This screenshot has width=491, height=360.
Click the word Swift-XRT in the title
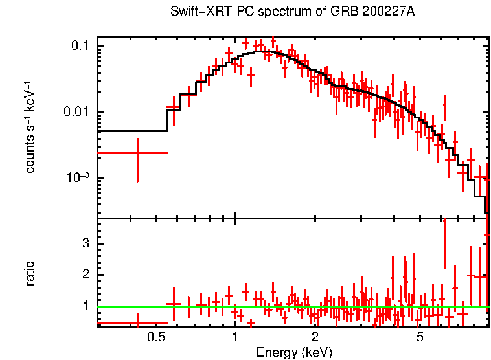click(195, 12)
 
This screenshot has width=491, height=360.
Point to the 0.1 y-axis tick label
click(81, 47)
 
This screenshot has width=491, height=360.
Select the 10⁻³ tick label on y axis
click(78, 178)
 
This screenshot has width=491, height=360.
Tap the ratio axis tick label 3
click(84, 243)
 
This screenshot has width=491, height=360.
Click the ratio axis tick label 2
click(84, 275)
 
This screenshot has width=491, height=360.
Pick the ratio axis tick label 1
click(84, 306)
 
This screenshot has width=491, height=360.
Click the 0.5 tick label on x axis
click(155, 337)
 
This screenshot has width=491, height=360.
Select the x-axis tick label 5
click(420, 337)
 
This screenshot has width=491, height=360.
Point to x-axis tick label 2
click(315, 337)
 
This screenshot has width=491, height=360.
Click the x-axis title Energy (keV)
click(294, 352)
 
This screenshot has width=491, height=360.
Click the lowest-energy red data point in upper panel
click(137, 153)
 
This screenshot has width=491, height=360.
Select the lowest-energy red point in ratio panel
click(137, 322)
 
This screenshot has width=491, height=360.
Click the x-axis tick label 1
click(235, 337)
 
